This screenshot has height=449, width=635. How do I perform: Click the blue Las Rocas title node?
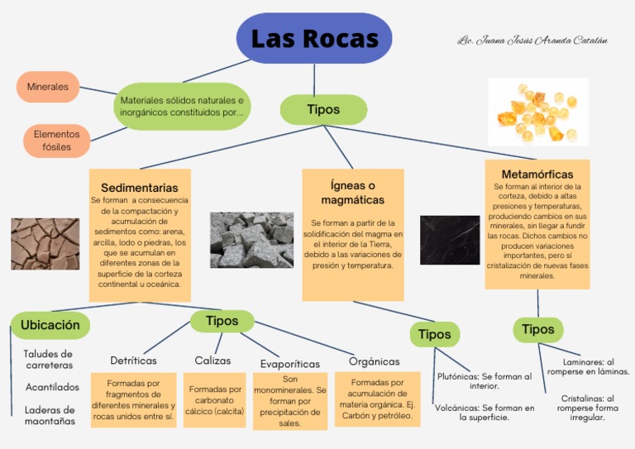coord(314,39)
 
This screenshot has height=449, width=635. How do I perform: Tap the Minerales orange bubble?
coord(47,87)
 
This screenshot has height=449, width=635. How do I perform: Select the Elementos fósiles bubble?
coord(56,141)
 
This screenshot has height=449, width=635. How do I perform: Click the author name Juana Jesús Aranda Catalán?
coord(532,41)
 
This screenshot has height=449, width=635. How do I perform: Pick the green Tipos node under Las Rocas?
coord(323,109)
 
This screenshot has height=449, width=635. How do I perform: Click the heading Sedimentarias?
coord(140,188)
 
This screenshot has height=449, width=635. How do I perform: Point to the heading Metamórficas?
coord(537,174)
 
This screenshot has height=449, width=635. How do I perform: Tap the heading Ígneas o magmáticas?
coord(353,193)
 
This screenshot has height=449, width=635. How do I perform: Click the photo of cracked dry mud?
coord(45,243)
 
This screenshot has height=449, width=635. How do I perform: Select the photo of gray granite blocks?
coord(251,240)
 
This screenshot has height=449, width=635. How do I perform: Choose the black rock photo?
coord(450,240)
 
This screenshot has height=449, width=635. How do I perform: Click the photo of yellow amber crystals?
coord(538,112)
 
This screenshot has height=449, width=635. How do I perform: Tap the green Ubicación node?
coord(50,325)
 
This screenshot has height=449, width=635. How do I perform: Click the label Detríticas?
coord(134,361)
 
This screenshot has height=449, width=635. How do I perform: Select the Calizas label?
coord(212,361)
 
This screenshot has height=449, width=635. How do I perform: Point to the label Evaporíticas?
coord(290,364)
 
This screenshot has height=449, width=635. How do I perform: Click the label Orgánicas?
coord(374,361)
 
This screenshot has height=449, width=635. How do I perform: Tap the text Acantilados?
coord(52,387)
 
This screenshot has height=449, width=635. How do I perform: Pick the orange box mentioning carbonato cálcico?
coord(214,400)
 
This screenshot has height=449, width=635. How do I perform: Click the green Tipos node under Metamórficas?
coord(538,329)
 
